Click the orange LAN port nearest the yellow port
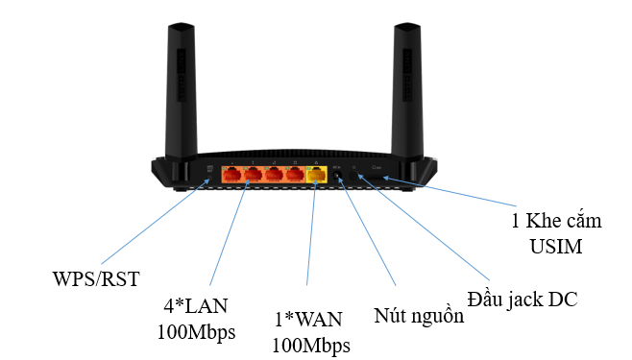(294, 176)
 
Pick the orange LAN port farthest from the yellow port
(232, 176)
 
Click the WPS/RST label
(96, 278)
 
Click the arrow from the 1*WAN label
(310, 240)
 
